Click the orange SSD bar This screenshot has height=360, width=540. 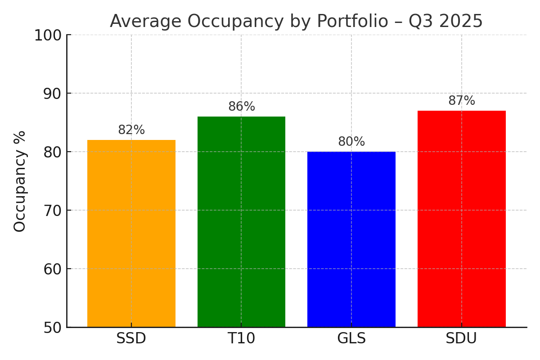(131, 234)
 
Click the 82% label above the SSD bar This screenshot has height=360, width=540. (131, 130)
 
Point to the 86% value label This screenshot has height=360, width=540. (242, 107)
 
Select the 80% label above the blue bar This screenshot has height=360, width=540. (351, 142)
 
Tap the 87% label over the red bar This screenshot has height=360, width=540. (462, 101)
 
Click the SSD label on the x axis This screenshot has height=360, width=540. (131, 339)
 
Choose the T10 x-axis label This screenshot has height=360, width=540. (241, 339)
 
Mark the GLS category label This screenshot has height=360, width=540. (351, 339)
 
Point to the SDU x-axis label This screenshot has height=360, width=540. (461, 339)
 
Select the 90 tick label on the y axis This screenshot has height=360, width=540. (52, 94)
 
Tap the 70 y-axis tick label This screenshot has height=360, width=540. (52, 211)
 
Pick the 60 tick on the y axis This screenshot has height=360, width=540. (52, 269)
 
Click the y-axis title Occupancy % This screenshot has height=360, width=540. (20, 181)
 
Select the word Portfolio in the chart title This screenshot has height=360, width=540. (352, 22)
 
